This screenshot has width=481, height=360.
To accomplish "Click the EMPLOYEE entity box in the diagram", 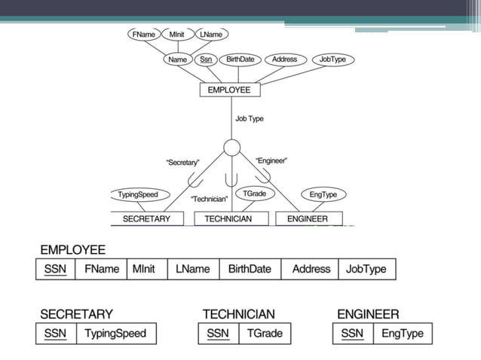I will coord(230,90).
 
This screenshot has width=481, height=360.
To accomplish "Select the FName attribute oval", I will coord(143,35).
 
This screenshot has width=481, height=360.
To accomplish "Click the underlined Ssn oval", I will coord(205,59).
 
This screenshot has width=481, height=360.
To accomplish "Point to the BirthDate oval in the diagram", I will coord(240,59).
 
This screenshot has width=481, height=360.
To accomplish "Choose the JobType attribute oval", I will coord(332,59).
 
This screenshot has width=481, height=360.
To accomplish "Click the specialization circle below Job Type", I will coord(232,147).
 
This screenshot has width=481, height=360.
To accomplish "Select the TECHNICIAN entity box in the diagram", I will coord(228,218).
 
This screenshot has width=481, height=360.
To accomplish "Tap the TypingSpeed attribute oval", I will coord(138,194).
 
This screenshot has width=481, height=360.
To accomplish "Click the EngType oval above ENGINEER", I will coord(323,194).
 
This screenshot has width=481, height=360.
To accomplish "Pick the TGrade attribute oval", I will coord(254,194).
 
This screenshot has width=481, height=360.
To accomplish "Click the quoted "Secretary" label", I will coord(182,163).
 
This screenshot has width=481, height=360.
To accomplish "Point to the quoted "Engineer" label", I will coord(271,160).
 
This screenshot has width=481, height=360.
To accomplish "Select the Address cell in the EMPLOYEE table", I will coord(311,269).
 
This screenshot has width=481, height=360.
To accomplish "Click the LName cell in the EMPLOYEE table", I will coord(193,269).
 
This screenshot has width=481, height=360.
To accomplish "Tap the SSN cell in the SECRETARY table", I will coord(55,334).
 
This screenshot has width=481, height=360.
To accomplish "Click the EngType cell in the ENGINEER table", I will coord(403,334).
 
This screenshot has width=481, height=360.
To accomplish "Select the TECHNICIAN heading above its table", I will coord(238,314).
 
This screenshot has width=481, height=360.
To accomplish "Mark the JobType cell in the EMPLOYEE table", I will coord(366,269).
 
